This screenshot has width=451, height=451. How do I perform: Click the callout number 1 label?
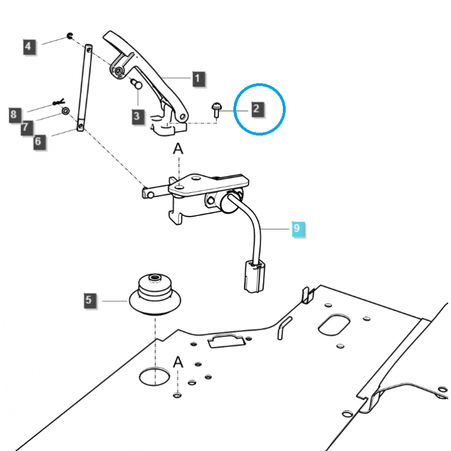click(x=198, y=79)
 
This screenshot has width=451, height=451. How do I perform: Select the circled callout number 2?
click(x=257, y=108)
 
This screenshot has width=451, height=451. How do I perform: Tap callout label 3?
click(x=137, y=117)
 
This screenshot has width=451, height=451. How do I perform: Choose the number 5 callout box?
click(x=89, y=300)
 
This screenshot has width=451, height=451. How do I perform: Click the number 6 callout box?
click(x=37, y=141)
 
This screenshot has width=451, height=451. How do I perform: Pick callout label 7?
click(x=25, y=129)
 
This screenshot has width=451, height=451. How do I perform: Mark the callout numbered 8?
click(x=14, y=116)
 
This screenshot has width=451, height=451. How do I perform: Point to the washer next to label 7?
click(x=66, y=111)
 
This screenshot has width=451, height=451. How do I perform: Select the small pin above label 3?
click(x=135, y=83)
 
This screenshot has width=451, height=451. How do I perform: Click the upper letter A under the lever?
click(x=178, y=149)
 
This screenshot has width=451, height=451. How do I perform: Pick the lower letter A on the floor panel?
click(x=178, y=362)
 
